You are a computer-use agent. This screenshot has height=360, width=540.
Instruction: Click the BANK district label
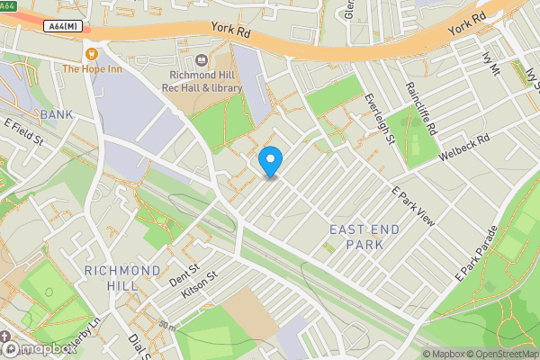tap(56, 114)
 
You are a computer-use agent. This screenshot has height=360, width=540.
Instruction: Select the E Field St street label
tap(24, 132)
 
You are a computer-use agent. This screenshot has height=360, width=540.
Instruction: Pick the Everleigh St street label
tap(379, 120)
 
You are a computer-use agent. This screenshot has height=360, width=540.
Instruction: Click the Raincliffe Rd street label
tap(420, 109)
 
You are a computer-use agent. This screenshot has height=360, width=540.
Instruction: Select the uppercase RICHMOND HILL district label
tap(123, 277)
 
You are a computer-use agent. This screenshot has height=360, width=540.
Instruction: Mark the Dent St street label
tap(183, 273)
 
